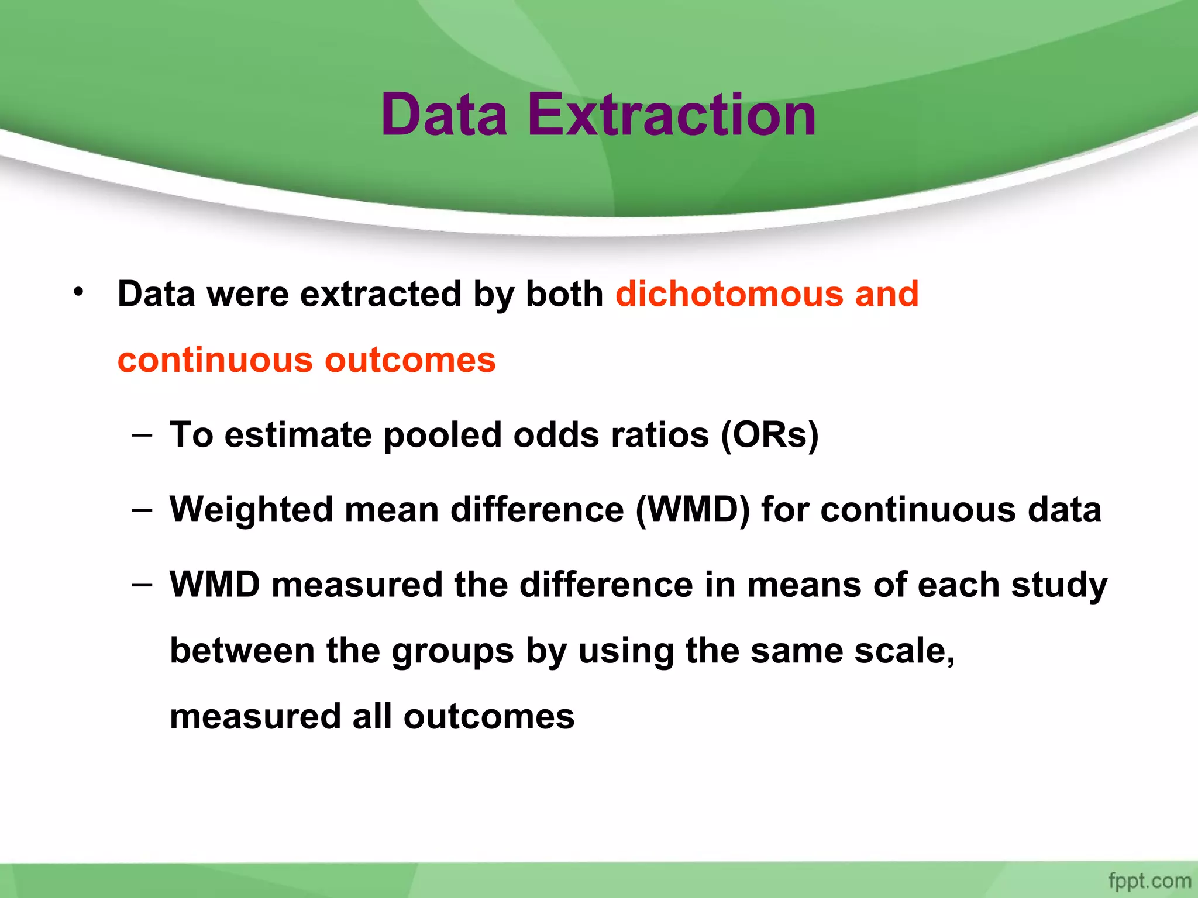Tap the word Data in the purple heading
[x=444, y=115]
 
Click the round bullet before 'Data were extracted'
[x=78, y=291]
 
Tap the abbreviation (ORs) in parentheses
[x=769, y=435]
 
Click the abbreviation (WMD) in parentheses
[x=693, y=510]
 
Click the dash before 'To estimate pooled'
[x=142, y=435]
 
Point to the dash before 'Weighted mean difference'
[x=142, y=510]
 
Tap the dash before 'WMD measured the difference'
[x=142, y=584]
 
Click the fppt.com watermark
[x=1149, y=880]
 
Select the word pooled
[x=442, y=435]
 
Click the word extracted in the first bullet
[x=381, y=293]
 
